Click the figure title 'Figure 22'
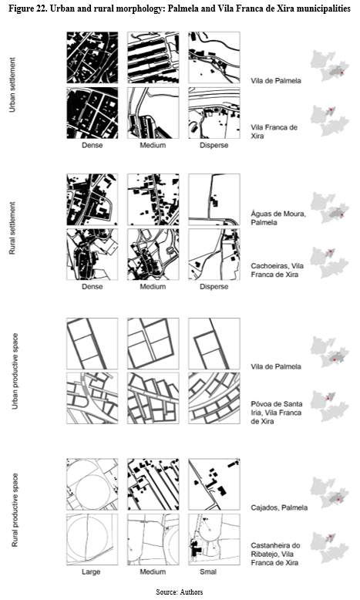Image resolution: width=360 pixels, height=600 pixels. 29,8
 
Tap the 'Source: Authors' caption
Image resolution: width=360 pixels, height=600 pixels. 179,592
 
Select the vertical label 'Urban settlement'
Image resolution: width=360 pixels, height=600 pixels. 12,85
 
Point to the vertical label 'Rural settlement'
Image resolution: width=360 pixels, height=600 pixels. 12,228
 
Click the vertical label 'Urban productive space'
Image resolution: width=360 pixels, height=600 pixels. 15,371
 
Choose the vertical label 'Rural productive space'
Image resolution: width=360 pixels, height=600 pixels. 15,510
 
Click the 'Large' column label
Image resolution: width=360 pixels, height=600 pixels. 91,571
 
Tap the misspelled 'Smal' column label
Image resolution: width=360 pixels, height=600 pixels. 208,571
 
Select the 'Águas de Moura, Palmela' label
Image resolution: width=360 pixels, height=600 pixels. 278,217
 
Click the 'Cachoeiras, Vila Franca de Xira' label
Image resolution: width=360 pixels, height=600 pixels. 277,270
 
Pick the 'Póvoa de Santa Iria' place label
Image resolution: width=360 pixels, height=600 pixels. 276,408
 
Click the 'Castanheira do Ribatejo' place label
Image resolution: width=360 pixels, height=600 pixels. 275,550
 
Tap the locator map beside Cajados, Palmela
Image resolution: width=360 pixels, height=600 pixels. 330,493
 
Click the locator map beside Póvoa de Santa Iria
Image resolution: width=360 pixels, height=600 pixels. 330,406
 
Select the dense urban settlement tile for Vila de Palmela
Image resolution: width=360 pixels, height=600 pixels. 93,57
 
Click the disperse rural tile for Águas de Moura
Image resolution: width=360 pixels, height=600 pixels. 214,200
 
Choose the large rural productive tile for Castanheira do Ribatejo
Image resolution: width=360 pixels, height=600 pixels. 93,540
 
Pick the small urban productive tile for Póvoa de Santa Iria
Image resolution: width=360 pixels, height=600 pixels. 214,398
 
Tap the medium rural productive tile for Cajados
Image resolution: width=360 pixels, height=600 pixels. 153,484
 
